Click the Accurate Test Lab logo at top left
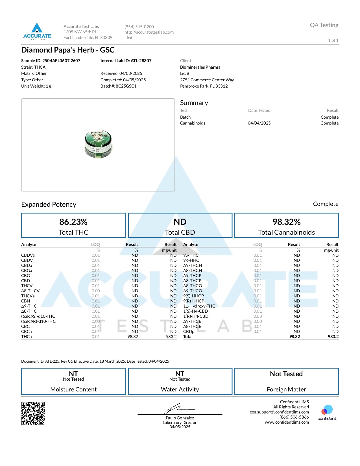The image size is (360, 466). click(37, 31)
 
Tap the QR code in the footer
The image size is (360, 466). click(33, 413)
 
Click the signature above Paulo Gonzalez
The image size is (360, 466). click(179, 408)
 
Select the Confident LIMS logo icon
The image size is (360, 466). click(327, 410)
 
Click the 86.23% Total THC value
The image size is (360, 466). click(73, 222)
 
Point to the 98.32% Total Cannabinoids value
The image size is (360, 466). click(286, 222)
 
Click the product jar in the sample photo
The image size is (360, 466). click(98, 144)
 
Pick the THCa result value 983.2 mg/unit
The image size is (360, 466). click(171, 337)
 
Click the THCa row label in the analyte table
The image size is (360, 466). click(27, 337)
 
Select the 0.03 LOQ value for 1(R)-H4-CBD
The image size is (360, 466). click(258, 316)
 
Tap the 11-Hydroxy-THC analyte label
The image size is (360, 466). click(199, 306)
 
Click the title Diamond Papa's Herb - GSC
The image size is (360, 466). click(68, 50)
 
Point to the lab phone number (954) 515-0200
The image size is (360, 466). click(139, 27)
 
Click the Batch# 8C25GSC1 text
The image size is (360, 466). click(119, 86)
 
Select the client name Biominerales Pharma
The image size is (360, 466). click(200, 67)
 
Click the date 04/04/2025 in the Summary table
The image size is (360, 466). click(259, 123)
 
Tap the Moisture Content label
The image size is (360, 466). click(73, 389)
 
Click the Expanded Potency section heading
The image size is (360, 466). click(49, 204)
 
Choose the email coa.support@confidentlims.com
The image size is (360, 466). click(279, 412)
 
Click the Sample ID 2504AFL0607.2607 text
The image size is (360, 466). click(51, 61)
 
